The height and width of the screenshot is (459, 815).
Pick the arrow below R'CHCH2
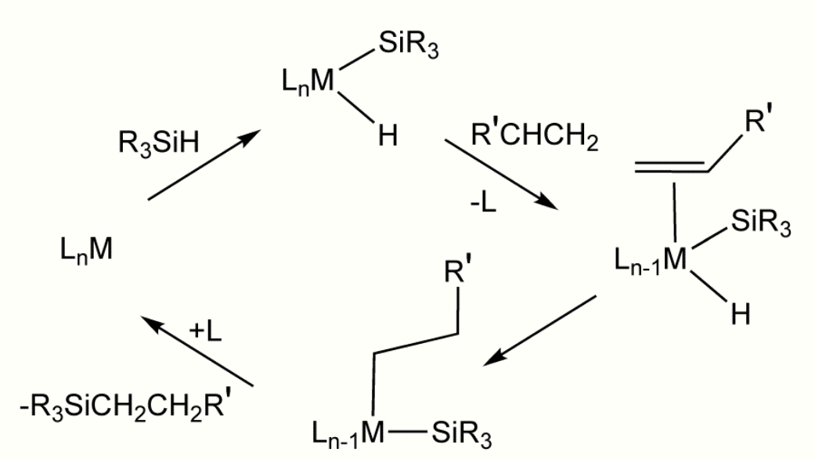coord(500,175)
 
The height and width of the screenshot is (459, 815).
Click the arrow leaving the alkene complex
coord(539,330)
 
